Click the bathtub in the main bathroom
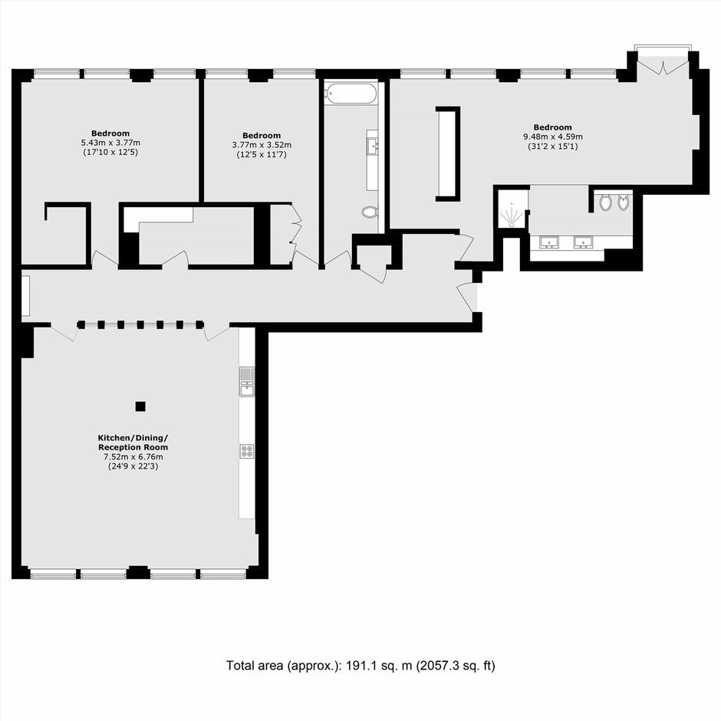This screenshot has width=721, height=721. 351,94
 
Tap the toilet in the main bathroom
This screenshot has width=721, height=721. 369,212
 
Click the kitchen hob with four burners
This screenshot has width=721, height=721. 247,451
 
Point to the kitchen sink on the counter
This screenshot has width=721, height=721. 247,382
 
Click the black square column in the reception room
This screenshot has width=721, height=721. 140,407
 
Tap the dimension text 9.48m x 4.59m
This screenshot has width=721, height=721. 553,137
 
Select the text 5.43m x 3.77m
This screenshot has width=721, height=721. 110,143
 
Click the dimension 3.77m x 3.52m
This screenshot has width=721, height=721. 262,145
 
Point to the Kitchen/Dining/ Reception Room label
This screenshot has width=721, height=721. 133,443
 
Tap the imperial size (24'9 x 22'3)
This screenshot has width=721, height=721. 133,466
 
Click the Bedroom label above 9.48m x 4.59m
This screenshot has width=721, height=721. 553,127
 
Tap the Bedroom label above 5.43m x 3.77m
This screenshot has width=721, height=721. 110,133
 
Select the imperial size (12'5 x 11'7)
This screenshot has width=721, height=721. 262,154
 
